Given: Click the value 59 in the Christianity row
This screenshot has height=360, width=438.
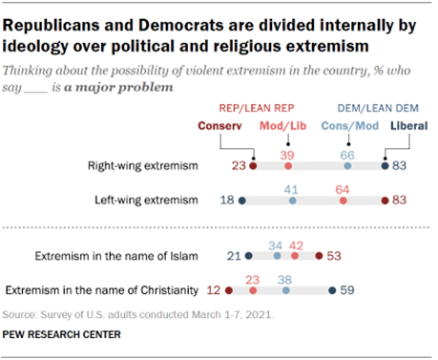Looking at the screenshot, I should pos(349,287).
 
